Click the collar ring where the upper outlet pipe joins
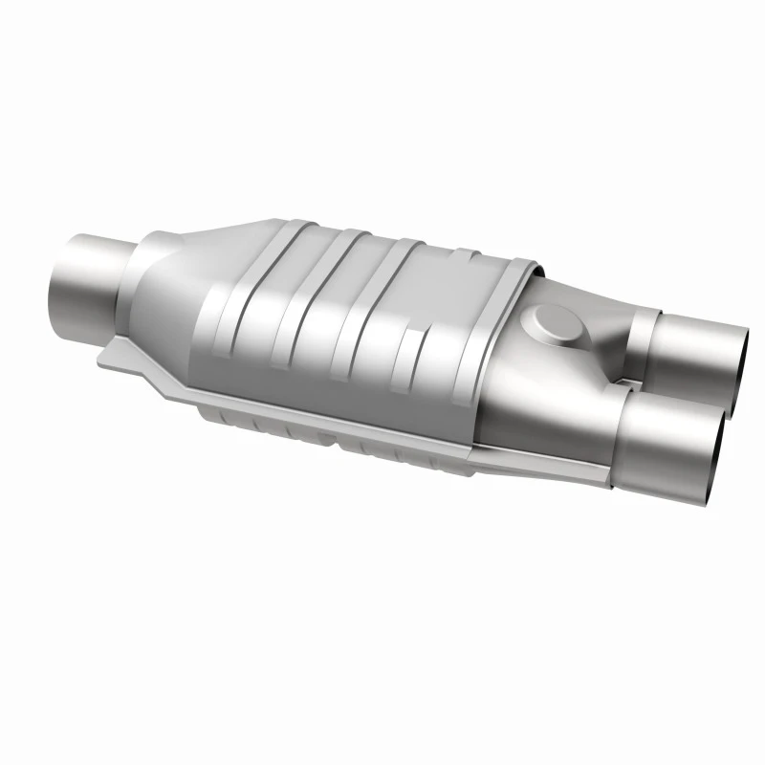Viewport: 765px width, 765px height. [642, 335]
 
